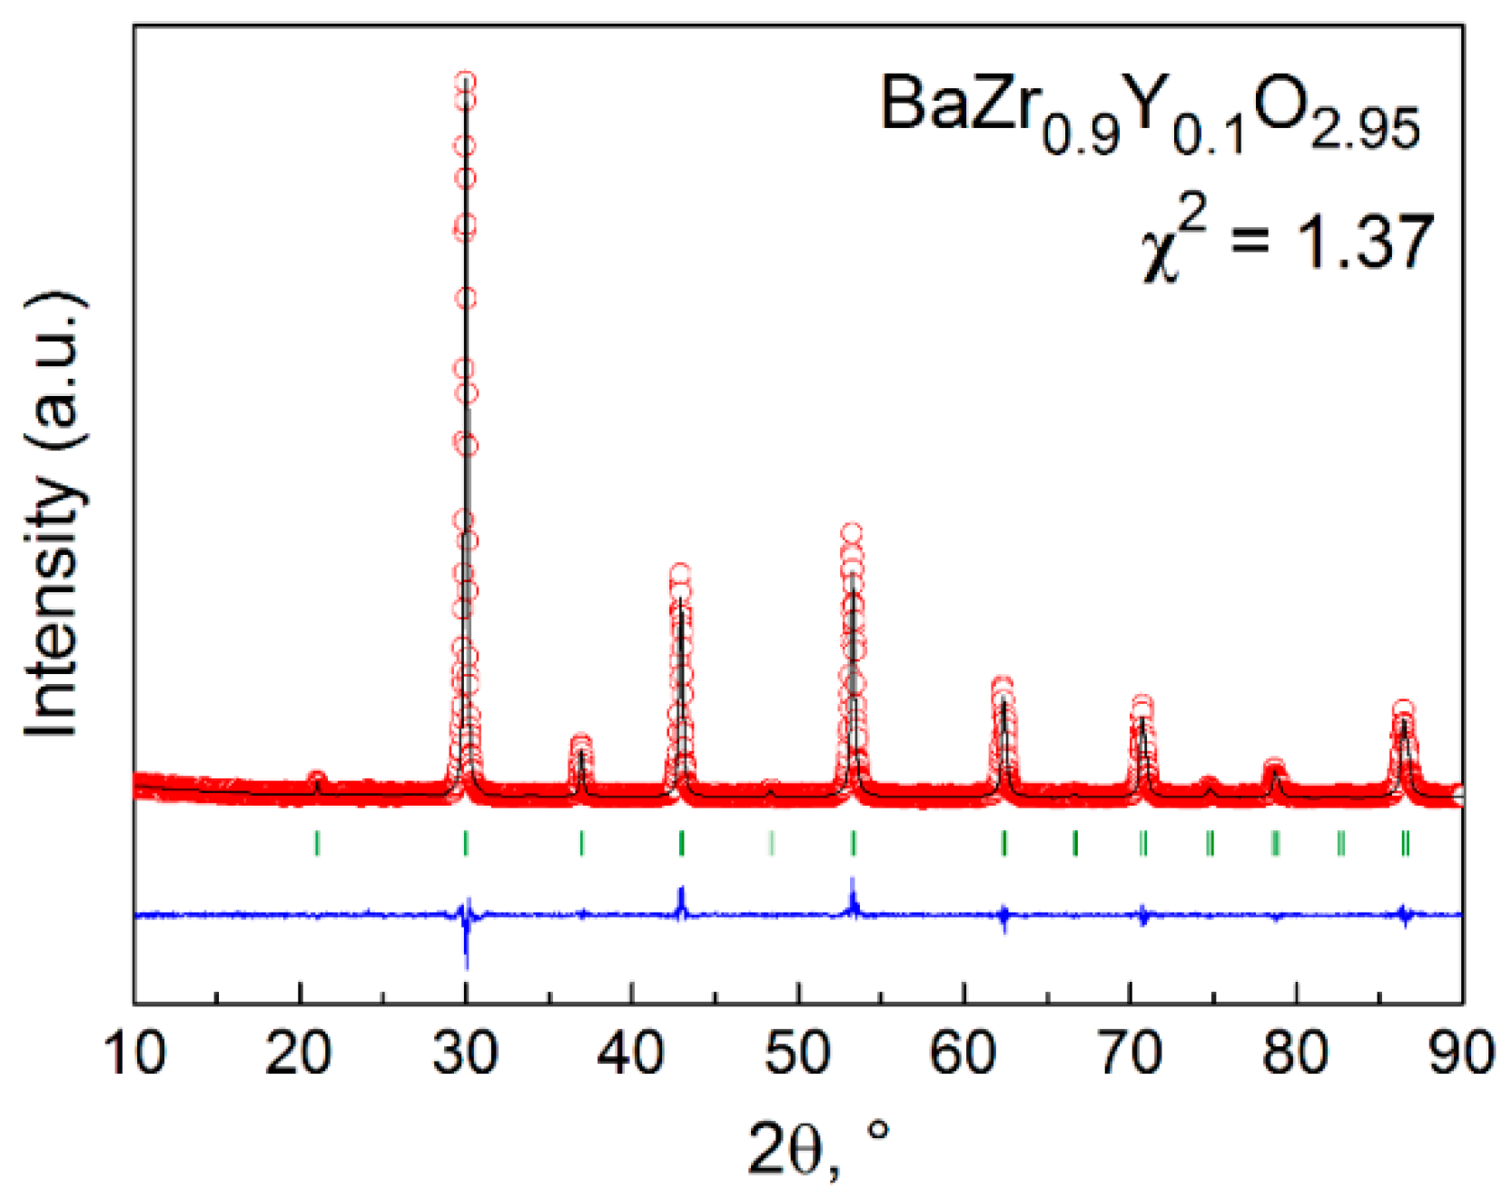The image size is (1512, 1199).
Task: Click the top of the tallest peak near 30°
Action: (466, 82)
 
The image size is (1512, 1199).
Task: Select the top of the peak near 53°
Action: (852, 534)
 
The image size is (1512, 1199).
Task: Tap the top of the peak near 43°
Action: (680, 574)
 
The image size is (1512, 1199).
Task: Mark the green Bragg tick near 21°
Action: (317, 843)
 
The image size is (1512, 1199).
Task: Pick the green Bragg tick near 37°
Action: (581, 843)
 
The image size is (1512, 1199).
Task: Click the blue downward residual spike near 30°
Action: (466, 954)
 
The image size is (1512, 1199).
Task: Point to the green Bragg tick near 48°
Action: (771, 843)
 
